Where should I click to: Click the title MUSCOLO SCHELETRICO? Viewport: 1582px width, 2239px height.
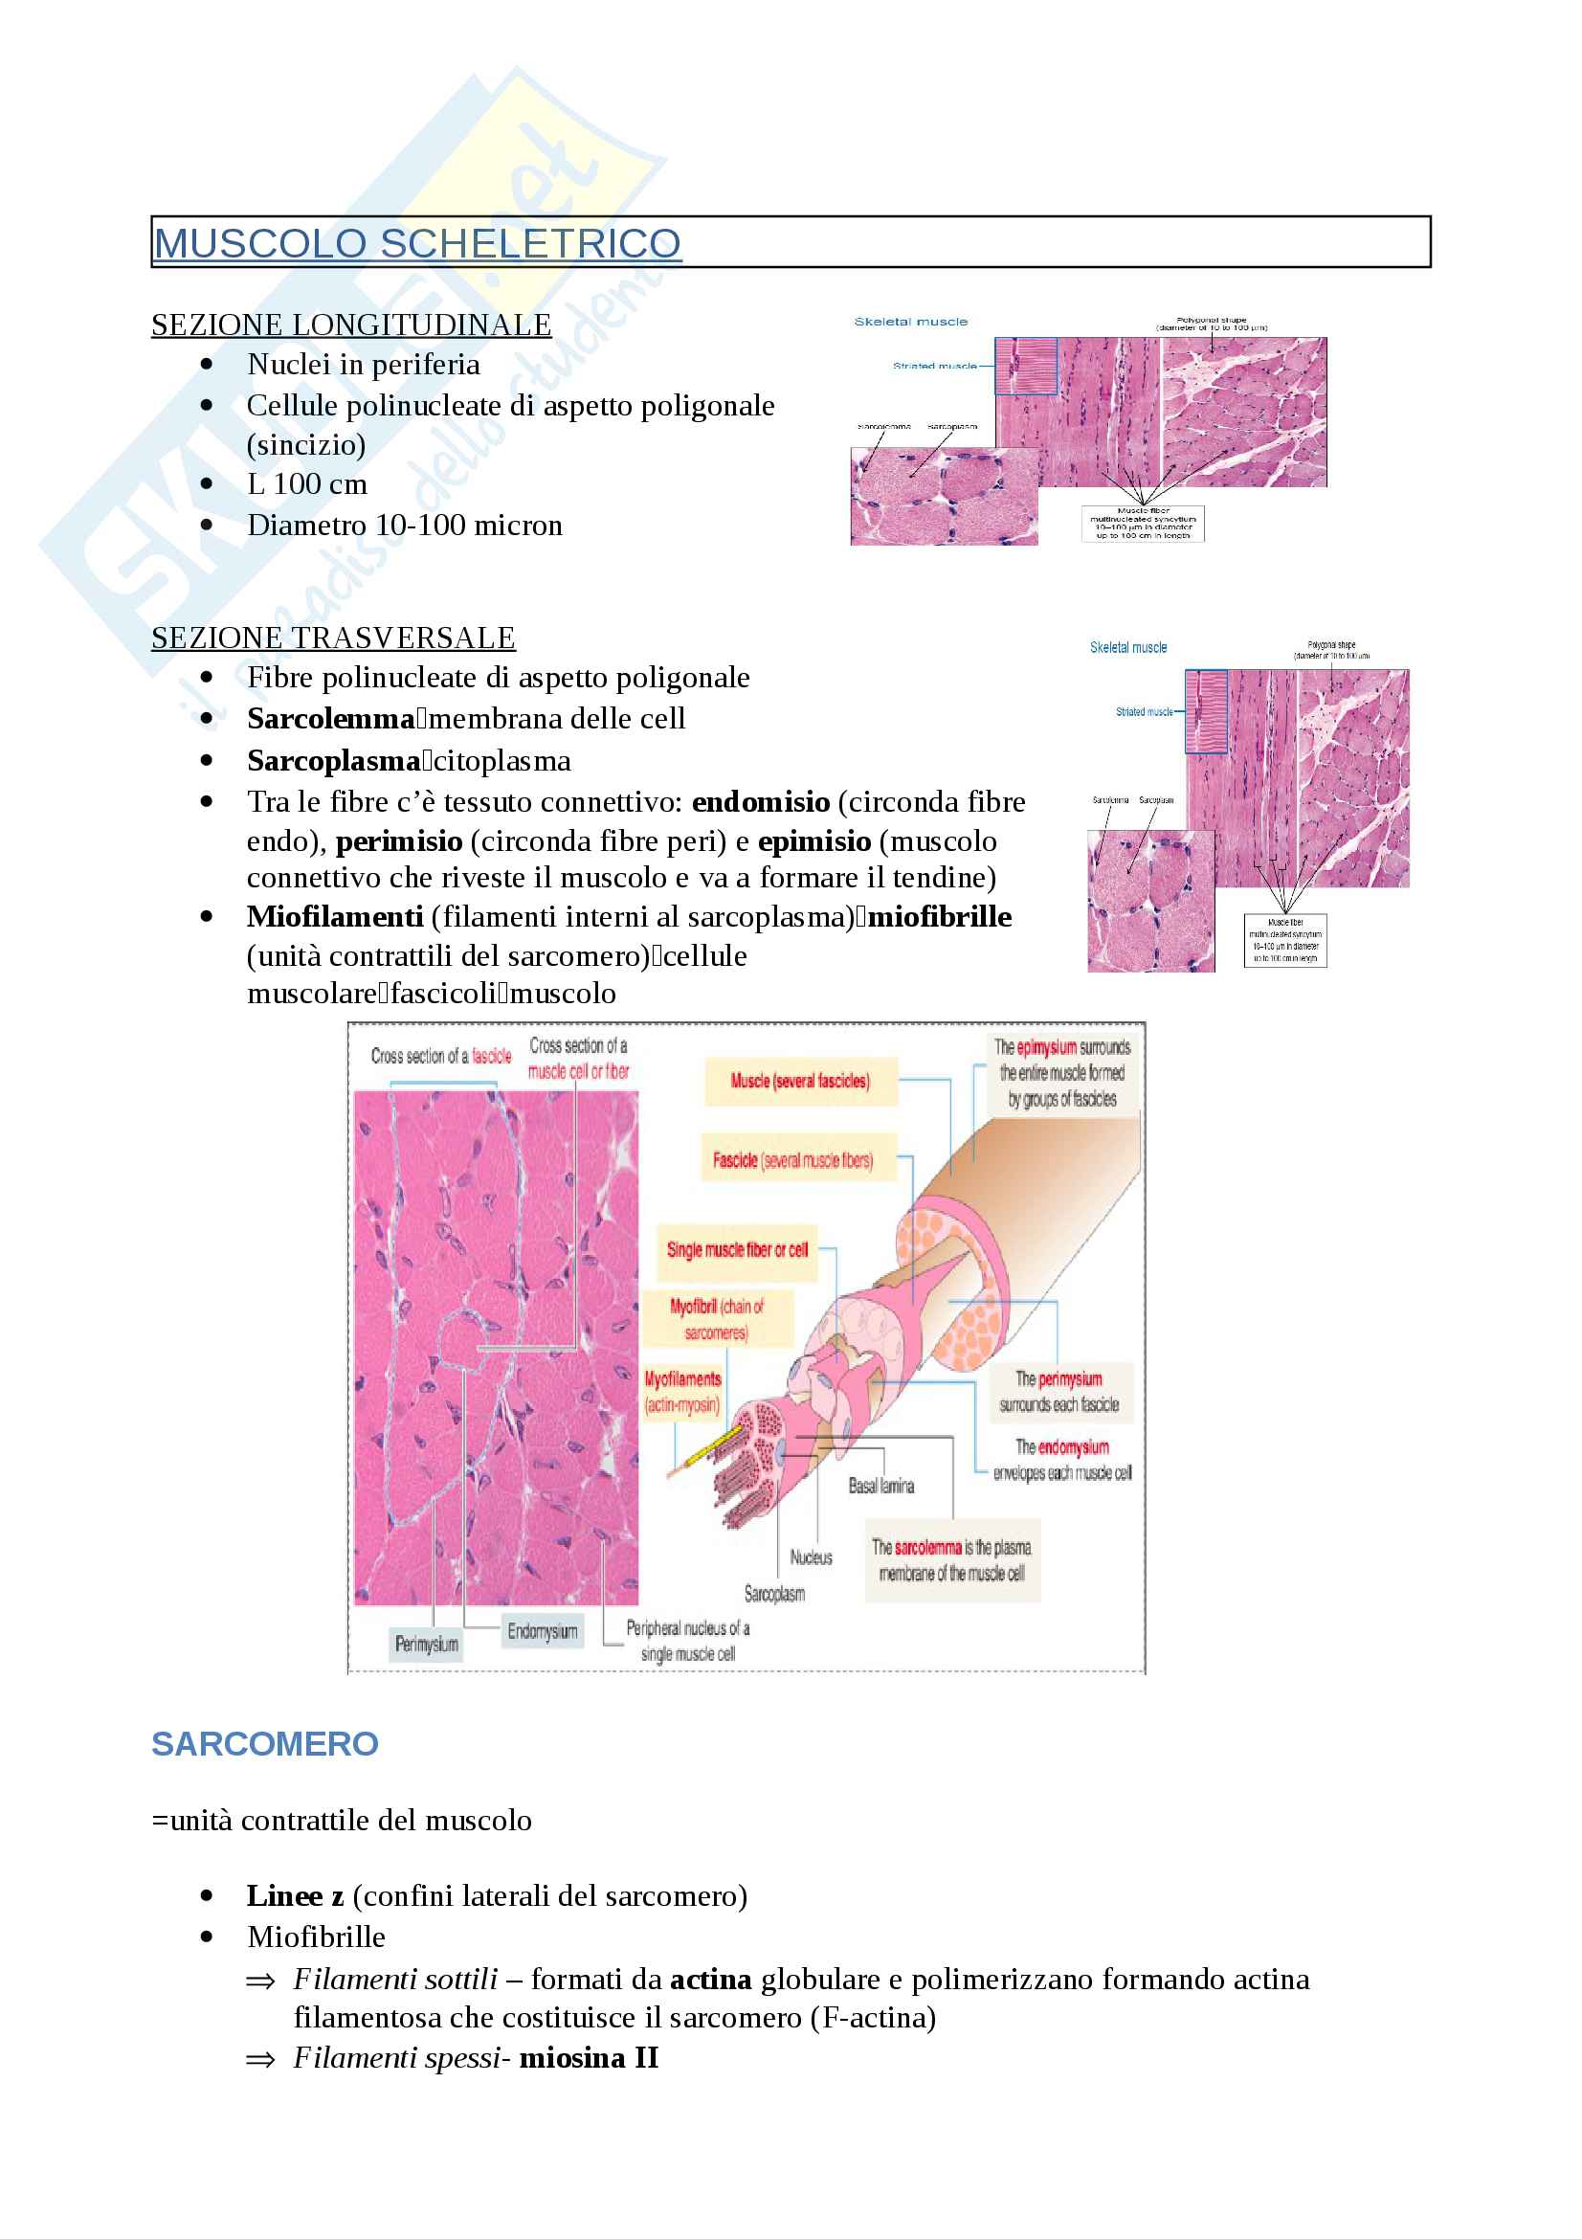(x=417, y=243)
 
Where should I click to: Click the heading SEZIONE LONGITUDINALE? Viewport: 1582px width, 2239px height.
(x=351, y=325)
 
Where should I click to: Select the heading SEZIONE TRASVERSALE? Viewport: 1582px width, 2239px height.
(x=333, y=638)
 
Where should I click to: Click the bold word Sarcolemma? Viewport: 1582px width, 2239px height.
(x=331, y=719)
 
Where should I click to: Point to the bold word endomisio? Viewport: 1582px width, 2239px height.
(x=760, y=801)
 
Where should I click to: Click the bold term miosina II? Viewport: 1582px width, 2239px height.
(x=589, y=2058)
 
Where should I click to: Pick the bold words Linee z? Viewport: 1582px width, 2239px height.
(x=295, y=1895)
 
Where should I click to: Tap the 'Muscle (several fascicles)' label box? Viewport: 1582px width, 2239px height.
(x=800, y=1081)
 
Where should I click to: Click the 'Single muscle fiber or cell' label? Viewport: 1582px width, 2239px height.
(x=737, y=1250)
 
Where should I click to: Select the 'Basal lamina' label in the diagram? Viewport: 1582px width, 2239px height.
(x=881, y=1487)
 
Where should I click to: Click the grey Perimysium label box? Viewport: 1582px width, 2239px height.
(x=426, y=1645)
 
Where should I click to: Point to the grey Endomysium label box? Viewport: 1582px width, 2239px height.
(x=542, y=1631)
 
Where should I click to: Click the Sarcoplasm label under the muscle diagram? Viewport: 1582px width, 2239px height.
(x=775, y=1594)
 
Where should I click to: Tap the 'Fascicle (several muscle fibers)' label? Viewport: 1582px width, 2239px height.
(x=792, y=1160)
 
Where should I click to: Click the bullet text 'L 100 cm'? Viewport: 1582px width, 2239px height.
(x=307, y=484)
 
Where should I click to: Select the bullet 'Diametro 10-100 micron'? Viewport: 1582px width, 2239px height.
(x=405, y=526)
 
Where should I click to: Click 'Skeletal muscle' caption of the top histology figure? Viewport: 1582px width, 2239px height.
(x=910, y=322)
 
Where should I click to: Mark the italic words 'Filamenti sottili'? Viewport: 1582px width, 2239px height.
(x=396, y=1979)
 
